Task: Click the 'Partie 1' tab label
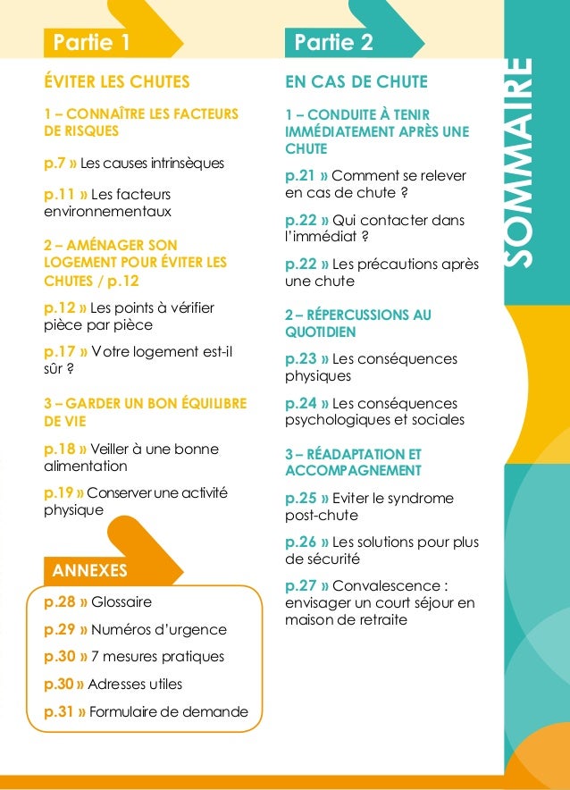point(92,42)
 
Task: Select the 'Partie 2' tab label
point(333,42)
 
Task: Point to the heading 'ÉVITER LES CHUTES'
point(116,82)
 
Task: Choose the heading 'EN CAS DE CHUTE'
point(356,82)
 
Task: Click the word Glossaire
point(122,601)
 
